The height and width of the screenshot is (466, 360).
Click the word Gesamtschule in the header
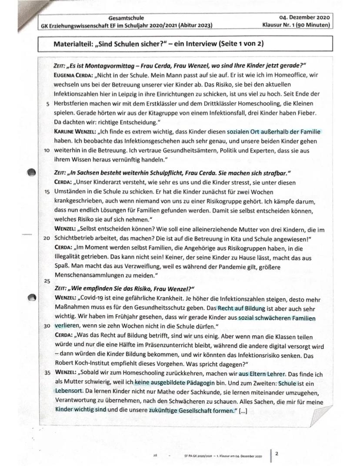pos(128,18)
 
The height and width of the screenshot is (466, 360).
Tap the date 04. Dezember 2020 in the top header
pos(304,18)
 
